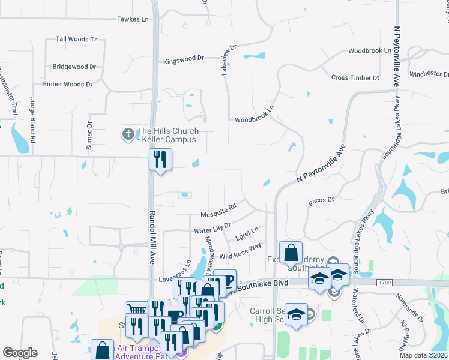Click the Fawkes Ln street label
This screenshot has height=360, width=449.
(x=133, y=19)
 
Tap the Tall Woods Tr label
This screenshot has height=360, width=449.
(x=76, y=39)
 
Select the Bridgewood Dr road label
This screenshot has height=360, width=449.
(x=74, y=67)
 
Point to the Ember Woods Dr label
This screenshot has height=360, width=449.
(x=67, y=85)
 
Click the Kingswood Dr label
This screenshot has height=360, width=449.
(x=184, y=61)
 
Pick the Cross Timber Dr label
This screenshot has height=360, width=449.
(x=355, y=78)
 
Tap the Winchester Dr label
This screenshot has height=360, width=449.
(x=429, y=74)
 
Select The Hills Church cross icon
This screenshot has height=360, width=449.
(x=128, y=134)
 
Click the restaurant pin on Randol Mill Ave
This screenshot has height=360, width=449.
(x=160, y=159)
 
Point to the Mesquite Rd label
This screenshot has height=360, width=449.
(x=217, y=215)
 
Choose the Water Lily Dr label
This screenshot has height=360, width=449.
(x=212, y=230)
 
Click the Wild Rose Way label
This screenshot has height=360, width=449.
(x=240, y=251)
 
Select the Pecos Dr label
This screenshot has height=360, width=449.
(x=321, y=199)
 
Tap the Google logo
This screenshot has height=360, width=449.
(x=20, y=353)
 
